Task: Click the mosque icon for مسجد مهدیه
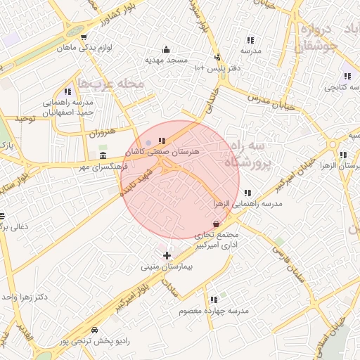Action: (166, 49)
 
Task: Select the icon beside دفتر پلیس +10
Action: (217, 57)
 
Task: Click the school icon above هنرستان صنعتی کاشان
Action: (162, 141)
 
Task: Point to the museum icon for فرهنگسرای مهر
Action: (103, 155)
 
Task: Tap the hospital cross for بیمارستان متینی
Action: (166, 255)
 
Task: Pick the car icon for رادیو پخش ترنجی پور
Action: (94, 330)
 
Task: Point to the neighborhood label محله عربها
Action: (110, 84)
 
